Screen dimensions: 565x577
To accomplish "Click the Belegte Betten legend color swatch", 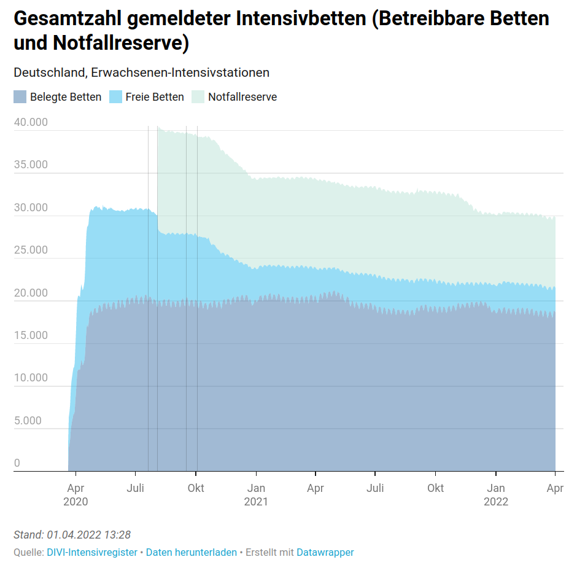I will pyautogui.click(x=20, y=96).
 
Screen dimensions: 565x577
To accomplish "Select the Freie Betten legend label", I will pyautogui.click(x=154, y=96).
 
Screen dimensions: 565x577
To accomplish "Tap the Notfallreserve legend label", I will pyautogui.click(x=242, y=96).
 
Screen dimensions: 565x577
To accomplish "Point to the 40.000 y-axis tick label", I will pyautogui.click(x=30, y=122).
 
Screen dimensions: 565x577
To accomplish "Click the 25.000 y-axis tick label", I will pyautogui.click(x=30, y=250).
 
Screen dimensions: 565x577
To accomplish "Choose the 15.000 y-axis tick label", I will pyautogui.click(x=30, y=335).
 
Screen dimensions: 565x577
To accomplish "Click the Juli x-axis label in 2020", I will pyautogui.click(x=135, y=488).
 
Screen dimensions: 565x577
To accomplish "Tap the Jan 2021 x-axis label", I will pyautogui.click(x=256, y=494).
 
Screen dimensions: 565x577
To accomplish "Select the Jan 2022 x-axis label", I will pyautogui.click(x=496, y=494).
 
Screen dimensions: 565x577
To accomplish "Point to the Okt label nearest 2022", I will pyautogui.click(x=436, y=488).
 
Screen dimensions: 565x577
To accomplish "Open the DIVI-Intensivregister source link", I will pyautogui.click(x=92, y=552).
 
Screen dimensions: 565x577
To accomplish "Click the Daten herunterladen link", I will pyautogui.click(x=191, y=552).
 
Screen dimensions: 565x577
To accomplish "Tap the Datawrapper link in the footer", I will pyautogui.click(x=325, y=552).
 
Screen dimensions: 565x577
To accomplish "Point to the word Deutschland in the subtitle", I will pyautogui.click(x=50, y=72).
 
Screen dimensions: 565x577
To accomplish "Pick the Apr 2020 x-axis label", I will pyautogui.click(x=76, y=494).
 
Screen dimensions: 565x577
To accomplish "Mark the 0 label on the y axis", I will pyautogui.click(x=17, y=463).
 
